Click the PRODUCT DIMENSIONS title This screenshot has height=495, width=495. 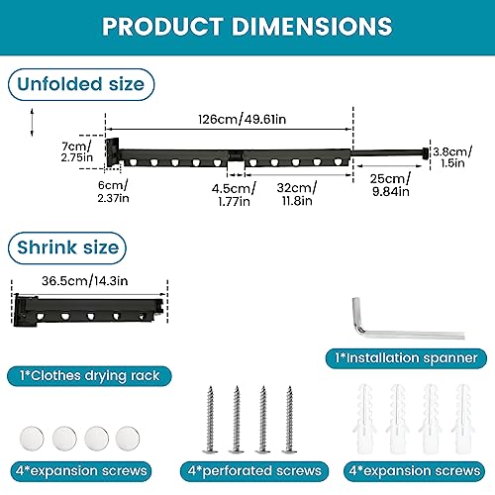(x=247, y=26)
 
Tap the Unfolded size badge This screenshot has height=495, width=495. (x=81, y=84)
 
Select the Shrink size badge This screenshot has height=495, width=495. (x=67, y=247)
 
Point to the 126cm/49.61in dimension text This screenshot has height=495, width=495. (x=243, y=119)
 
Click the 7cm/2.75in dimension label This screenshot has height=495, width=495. (x=76, y=151)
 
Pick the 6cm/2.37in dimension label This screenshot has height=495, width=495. (x=113, y=191)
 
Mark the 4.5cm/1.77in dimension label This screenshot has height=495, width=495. (x=234, y=195)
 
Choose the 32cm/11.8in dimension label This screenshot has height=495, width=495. (x=297, y=194)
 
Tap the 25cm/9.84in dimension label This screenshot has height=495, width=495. (x=391, y=185)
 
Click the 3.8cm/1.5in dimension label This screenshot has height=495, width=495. (x=452, y=157)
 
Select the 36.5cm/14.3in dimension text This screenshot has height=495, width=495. (x=85, y=281)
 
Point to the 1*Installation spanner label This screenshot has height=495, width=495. (x=406, y=358)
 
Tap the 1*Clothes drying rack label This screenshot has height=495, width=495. (x=89, y=376)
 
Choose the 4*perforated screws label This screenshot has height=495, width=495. (x=254, y=471)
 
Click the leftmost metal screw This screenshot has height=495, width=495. (x=210, y=419)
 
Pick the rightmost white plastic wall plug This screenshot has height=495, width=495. (x=463, y=419)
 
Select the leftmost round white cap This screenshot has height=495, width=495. (x=32, y=439)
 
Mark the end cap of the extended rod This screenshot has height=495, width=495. (x=426, y=153)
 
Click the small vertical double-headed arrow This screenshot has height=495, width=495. (x=32, y=122)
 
